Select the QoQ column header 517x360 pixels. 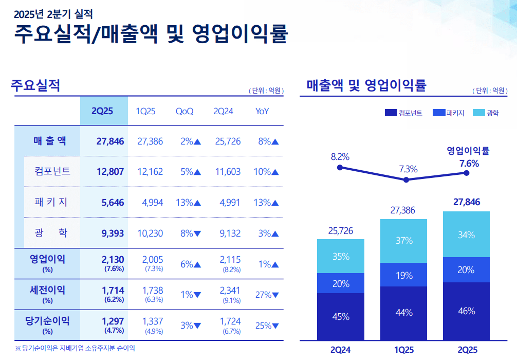click(x=184, y=112)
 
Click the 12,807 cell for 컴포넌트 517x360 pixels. click(x=110, y=172)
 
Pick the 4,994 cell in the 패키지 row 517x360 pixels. click(x=152, y=203)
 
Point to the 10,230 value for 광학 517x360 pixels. click(x=150, y=233)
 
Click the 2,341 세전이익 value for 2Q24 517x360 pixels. click(x=230, y=291)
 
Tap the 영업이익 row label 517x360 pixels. click(x=47, y=259)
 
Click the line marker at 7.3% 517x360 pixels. click(x=406, y=180)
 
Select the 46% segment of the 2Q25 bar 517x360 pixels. click(x=466, y=311)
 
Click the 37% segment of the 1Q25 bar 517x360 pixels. click(x=404, y=241)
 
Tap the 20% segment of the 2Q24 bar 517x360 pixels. click(x=341, y=283)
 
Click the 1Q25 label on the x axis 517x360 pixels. click(x=404, y=350)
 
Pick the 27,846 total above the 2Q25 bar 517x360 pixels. click(x=467, y=202)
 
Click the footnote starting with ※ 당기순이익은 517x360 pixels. click(x=75, y=348)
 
